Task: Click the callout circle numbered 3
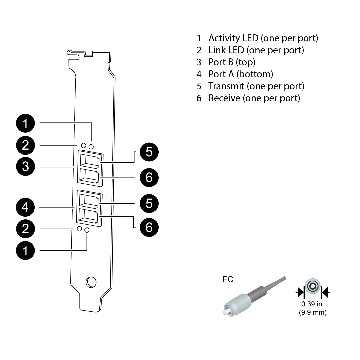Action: tap(26, 166)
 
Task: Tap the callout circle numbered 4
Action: tap(26, 208)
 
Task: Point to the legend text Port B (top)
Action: tap(232, 62)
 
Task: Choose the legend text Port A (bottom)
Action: tap(241, 74)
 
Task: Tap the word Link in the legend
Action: tap(217, 50)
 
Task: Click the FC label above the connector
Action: tap(228, 279)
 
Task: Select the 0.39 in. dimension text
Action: tap(313, 304)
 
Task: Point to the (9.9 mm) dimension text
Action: tap(313, 312)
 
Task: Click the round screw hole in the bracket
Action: tap(91, 282)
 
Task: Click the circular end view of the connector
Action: tap(313, 286)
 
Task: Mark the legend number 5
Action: tap(199, 86)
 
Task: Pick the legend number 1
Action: tap(199, 38)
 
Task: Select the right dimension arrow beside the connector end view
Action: tap(325, 293)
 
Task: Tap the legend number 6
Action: tap(199, 98)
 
